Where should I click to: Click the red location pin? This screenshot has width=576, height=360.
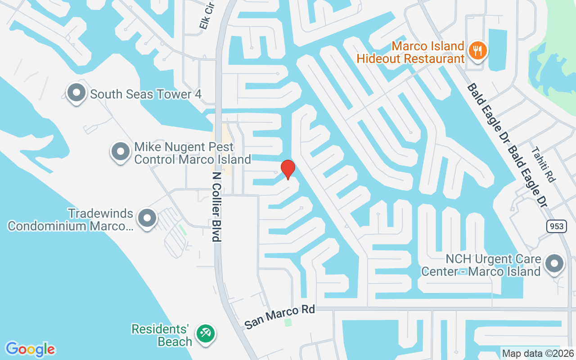tap(288, 169)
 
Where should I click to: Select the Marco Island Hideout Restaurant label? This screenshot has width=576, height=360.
tap(410, 52)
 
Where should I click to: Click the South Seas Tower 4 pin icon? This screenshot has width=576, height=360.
tap(76, 93)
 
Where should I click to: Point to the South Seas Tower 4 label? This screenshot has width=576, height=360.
tap(145, 94)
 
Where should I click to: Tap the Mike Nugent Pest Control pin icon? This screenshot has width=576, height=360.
tap(120, 152)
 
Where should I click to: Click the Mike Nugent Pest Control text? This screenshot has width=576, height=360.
tap(193, 153)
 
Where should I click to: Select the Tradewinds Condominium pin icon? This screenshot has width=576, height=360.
tap(147, 218)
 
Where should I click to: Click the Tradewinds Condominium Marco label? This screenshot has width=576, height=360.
tap(71, 220)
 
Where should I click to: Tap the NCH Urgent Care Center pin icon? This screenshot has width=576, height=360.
tap(554, 263)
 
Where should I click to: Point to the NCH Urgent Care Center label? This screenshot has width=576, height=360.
tap(481, 265)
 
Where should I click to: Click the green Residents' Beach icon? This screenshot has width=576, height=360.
tap(206, 333)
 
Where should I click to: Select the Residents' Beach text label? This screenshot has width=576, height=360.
tap(162, 335)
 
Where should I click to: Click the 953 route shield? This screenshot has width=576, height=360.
tap(557, 226)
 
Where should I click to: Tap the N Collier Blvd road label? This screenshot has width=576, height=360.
tap(217, 207)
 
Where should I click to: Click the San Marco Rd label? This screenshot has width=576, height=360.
tap(279, 317)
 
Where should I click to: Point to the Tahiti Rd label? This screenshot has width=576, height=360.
tap(543, 164)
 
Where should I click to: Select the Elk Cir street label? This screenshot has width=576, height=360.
tap(206, 18)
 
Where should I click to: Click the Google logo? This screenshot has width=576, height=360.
tap(30, 349)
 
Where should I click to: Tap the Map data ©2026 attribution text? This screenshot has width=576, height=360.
tap(538, 353)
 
